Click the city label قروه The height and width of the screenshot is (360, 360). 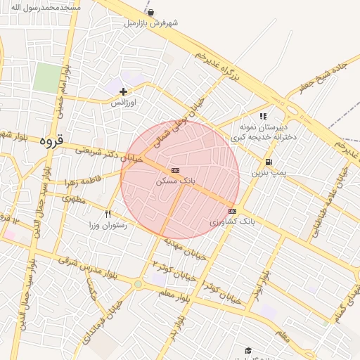tap(51, 141)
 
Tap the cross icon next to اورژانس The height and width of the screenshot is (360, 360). tap(124, 91)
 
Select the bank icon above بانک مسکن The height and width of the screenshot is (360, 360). tap(174, 170)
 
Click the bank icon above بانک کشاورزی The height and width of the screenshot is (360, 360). tap(232, 211)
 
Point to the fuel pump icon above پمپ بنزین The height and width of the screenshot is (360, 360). tap(269, 161)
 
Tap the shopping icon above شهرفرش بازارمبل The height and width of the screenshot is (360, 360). tap(150, 12)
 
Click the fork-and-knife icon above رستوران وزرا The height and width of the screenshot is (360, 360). tap(108, 214)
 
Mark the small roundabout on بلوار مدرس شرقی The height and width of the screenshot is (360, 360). tap(138, 284)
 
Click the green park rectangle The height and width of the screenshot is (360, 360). tap(47, 77)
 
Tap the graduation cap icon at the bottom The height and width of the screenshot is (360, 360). tap(247, 349)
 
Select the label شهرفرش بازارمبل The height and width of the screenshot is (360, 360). tap(149, 23)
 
